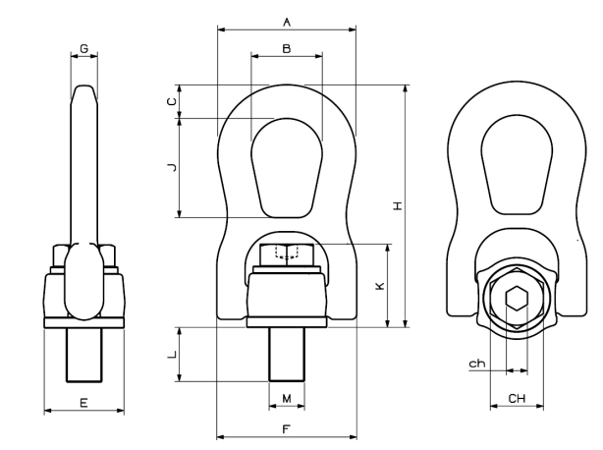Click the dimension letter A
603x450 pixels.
(286, 21)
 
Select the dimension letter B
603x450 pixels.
(286, 47)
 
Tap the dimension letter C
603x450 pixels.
(171, 101)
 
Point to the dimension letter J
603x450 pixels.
(171, 168)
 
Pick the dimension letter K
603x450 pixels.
(381, 286)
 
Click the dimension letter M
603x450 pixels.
(287, 398)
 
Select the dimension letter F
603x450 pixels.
(286, 429)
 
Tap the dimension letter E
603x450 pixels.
(83, 402)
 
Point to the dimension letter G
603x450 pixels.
(84, 47)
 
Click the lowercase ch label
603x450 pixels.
(476, 364)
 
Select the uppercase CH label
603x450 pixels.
(517, 398)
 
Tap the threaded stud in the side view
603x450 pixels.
(83, 354)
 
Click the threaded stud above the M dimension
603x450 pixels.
(287, 354)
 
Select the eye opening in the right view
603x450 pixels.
(517, 167)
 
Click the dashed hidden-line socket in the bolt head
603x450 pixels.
(286, 254)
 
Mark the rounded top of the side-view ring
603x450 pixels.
(84, 93)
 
